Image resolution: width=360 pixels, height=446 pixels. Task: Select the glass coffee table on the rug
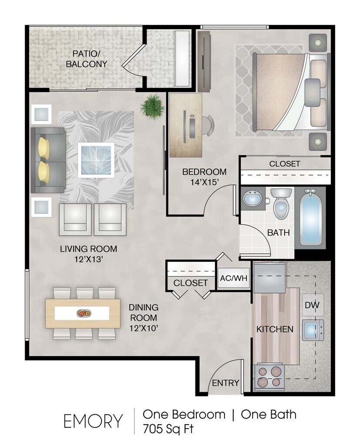pyautogui.click(x=96, y=159)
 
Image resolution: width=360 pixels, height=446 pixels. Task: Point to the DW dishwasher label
pyautogui.click(x=313, y=305)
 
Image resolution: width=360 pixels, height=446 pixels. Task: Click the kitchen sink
pyautogui.click(x=313, y=330)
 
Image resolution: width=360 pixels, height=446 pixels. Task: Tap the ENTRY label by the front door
pyautogui.click(x=225, y=383)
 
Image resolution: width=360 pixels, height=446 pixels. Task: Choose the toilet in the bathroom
pyautogui.click(x=281, y=203)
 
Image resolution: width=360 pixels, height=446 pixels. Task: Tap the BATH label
pyautogui.click(x=278, y=233)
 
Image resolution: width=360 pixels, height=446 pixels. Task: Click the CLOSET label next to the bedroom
pyautogui.click(x=284, y=164)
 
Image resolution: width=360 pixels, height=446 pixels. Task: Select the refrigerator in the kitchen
pyautogui.click(x=269, y=277)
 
